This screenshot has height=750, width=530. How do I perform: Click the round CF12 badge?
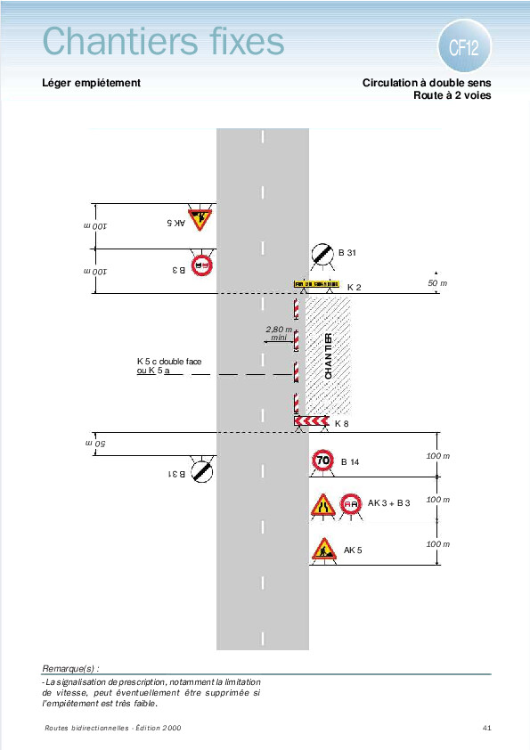[464, 46]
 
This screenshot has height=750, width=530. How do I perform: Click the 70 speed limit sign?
[322, 461]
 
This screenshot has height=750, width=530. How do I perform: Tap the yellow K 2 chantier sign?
[316, 284]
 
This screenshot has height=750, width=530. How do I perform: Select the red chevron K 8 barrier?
[312, 421]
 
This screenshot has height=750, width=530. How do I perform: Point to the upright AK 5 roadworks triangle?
[324, 549]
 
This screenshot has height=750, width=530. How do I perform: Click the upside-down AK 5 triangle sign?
[200, 218]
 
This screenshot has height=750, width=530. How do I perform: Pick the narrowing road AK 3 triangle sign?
[323, 505]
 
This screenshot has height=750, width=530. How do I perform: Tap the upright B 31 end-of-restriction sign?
[322, 254]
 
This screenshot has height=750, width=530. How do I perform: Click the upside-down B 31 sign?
[202, 471]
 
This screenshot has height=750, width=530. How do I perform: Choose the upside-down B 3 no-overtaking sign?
[202, 265]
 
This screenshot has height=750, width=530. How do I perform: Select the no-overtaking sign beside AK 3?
[351, 504]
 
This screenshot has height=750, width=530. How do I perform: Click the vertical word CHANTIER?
[328, 356]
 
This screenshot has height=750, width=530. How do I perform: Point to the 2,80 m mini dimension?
[279, 333]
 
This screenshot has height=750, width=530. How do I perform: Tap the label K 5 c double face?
[169, 361]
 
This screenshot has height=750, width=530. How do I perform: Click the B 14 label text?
[350, 462]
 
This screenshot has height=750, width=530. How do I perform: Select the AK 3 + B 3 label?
[389, 503]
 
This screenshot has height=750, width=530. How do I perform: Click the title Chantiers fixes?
[164, 41]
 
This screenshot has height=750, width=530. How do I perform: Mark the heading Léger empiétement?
[92, 83]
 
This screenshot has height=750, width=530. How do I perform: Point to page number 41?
[487, 728]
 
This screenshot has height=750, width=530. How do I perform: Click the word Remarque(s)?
[70, 668]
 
